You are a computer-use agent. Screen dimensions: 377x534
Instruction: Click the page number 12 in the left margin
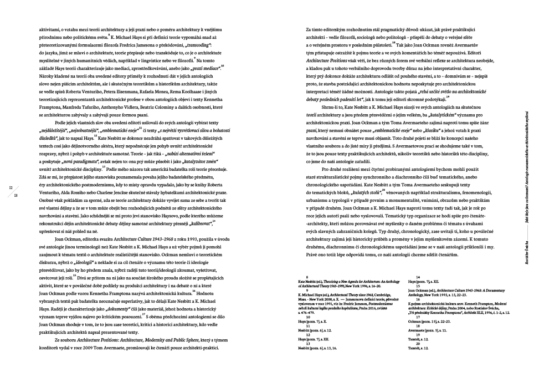[11, 188]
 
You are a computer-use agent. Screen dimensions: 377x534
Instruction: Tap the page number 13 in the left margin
[16, 195]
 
